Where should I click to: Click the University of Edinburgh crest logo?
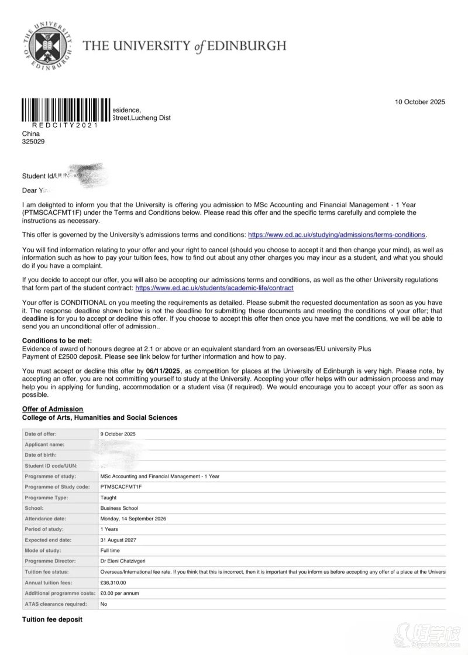46,45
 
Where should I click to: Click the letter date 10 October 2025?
419,102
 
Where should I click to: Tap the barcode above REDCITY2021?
66,110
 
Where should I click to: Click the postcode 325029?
33,141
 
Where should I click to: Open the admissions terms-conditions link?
337,235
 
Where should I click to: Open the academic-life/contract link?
214,288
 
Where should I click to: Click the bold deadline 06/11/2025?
164,371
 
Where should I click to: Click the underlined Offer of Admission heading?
53,409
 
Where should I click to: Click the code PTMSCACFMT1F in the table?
121,486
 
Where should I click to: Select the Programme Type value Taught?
108,498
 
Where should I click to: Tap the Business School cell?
119,508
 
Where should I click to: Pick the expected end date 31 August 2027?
119,540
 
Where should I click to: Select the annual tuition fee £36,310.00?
113,582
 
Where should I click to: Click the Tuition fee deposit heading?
52,619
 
